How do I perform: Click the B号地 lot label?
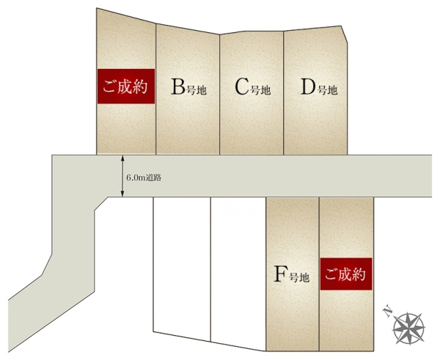click(188, 87)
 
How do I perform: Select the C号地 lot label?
click(252, 87)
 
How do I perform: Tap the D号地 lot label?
click(319, 87)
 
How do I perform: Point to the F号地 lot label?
click(291, 274)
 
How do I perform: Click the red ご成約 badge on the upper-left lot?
click(126, 86)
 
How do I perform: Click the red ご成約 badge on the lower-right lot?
click(346, 274)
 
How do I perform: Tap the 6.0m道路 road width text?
click(144, 178)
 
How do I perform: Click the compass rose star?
click(409, 328)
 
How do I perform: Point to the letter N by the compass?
click(387, 312)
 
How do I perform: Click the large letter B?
click(178, 87)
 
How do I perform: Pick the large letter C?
click(242, 87)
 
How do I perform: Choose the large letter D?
click(309, 87)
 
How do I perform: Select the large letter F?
click(281, 274)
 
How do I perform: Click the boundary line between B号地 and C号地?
click(220, 95)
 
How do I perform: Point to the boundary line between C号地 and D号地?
click(283, 93)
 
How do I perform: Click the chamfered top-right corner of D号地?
click(345, 34)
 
